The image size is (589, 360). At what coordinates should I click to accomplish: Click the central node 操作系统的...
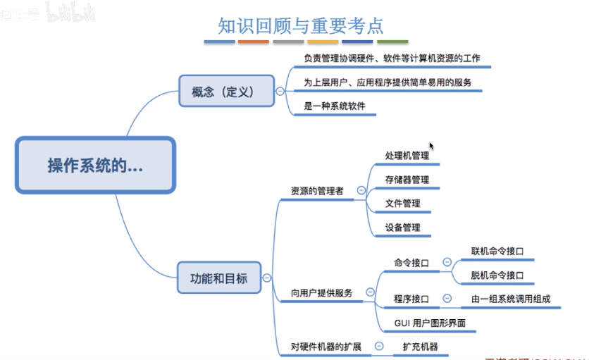pos(94,166)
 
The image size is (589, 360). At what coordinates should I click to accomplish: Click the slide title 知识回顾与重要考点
pos(301,25)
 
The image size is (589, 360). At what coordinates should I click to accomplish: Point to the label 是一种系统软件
pos(335,107)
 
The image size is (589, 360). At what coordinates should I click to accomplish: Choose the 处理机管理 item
pos(407,156)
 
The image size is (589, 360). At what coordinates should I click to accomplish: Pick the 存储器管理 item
pos(407,180)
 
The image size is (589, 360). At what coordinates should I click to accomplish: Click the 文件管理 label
pos(402,204)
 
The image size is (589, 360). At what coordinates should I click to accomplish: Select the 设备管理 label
pos(402,228)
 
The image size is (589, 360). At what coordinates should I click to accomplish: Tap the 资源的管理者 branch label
pos(316,191)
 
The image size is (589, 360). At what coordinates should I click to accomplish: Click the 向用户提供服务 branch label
pos(321,292)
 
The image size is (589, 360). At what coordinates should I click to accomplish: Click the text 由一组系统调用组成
pos(511,299)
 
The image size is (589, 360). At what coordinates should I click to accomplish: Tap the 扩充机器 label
pos(420,347)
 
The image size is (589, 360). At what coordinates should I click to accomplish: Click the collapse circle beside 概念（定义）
pos(280,92)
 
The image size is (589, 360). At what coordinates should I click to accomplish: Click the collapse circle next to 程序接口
pos(447,299)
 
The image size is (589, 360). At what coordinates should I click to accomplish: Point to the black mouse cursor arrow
pos(431,146)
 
